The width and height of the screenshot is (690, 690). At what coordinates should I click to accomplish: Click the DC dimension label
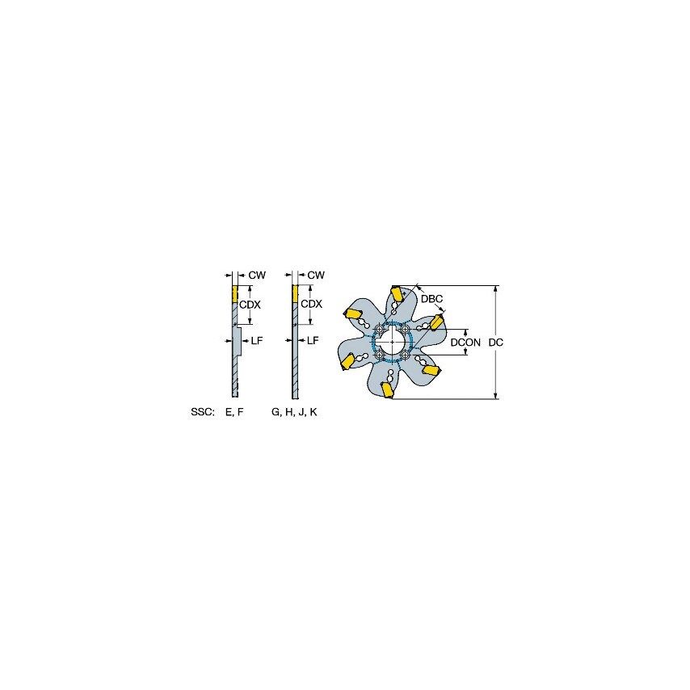pyautogui.click(x=497, y=343)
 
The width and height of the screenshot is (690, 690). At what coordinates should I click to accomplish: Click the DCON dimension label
pyautogui.click(x=465, y=343)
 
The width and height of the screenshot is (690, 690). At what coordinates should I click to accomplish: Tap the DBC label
pyautogui.click(x=433, y=299)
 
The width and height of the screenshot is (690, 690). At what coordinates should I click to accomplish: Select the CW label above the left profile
pyautogui.click(x=257, y=276)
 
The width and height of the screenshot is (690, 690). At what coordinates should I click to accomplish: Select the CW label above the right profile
pyautogui.click(x=316, y=276)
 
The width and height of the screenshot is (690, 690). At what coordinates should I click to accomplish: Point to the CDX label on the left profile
pyautogui.click(x=250, y=304)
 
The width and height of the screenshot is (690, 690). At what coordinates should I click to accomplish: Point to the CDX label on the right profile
pyautogui.click(x=311, y=304)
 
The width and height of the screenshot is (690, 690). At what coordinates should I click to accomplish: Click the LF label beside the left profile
pyautogui.click(x=257, y=341)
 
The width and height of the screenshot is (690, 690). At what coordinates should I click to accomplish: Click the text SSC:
pyautogui.click(x=202, y=412)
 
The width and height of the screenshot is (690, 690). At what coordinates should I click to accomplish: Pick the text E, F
pyautogui.click(x=234, y=412)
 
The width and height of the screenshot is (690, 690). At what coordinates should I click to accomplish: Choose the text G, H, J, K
pyautogui.click(x=294, y=412)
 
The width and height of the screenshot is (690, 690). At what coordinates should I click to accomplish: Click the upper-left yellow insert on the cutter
pyautogui.click(x=353, y=313)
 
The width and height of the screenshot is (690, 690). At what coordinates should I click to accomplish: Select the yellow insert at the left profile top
pyautogui.click(x=235, y=294)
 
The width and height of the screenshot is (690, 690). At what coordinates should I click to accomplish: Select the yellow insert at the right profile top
pyautogui.click(x=296, y=294)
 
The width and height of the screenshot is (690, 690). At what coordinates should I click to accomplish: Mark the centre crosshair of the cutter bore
pyautogui.click(x=393, y=342)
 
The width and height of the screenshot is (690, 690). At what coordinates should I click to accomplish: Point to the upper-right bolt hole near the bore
pyautogui.click(x=405, y=329)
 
